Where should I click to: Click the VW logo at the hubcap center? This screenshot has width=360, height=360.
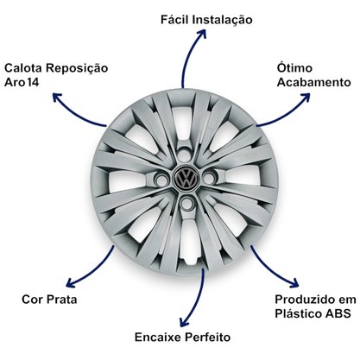pos(186,178)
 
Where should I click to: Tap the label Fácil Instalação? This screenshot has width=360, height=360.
pos(206,20)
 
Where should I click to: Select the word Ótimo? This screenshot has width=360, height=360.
pos(294,67)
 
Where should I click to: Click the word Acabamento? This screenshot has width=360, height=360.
pos(313,82)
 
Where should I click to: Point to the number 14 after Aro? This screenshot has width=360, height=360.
pos(33,83)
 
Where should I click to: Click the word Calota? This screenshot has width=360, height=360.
pos(23,68)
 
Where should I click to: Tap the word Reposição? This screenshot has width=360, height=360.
pos(77,69)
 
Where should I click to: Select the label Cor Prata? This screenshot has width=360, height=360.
pos(49,300)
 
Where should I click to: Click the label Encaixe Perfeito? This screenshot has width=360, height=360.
pos(183,337)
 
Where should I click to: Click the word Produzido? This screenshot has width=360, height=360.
pos(304,300)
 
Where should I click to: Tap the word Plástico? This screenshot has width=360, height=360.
pos(299,313)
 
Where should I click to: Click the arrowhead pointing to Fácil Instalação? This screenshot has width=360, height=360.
pos(200,33)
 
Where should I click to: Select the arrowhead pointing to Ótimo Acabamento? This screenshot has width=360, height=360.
pos(305,98)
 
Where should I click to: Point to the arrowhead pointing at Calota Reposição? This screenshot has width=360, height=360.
pos(58,98)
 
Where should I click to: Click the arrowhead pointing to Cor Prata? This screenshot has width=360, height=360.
pos(71,282)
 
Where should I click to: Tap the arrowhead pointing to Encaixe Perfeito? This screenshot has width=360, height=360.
pos(184,322)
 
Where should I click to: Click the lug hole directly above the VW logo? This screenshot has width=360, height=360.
pos(184,155)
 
